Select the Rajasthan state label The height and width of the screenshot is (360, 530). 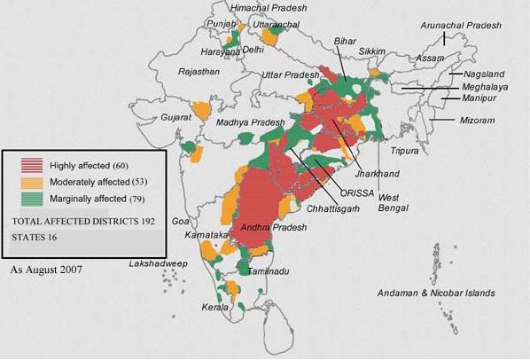point(199,71)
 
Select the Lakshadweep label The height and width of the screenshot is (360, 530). point(156,264)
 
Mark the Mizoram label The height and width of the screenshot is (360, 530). point(478,119)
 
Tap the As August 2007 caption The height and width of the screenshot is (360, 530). point(45,267)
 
